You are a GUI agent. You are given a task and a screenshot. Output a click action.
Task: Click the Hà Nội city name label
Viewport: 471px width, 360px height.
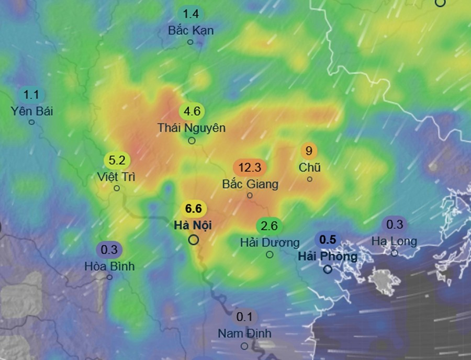pyautogui.click(x=194, y=224)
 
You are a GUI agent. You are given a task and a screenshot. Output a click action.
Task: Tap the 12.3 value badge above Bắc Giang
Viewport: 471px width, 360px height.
pyautogui.click(x=250, y=168)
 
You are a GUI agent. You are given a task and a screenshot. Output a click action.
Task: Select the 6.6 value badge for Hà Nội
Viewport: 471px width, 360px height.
pyautogui.click(x=194, y=209)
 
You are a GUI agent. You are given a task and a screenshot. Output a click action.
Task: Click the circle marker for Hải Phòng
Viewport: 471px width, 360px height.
pyautogui.click(x=328, y=269)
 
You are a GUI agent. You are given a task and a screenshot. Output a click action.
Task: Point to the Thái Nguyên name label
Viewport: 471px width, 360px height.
pyautogui.click(x=192, y=128)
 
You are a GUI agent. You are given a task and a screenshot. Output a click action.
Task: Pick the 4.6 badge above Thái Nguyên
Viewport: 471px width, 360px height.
pyautogui.click(x=192, y=111)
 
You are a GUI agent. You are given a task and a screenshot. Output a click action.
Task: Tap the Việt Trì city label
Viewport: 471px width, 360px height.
pyautogui.click(x=116, y=176)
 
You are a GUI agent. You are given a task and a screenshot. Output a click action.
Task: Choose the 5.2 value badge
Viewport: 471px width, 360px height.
pyautogui.click(x=117, y=160)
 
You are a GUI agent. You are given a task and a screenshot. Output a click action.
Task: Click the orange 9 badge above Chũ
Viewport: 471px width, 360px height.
pyautogui.click(x=309, y=151)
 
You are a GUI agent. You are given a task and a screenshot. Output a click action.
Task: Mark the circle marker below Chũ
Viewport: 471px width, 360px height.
pyautogui.click(x=309, y=179)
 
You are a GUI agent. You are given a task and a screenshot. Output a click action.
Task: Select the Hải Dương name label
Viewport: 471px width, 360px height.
pyautogui.click(x=270, y=243)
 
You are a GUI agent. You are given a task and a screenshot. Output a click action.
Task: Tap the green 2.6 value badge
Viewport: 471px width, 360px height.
pyautogui.click(x=269, y=227)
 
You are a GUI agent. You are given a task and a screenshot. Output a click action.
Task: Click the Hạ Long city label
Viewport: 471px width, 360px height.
pyautogui.click(x=395, y=241)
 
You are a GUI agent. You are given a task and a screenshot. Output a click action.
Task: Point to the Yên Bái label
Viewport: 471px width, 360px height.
pyautogui.click(x=32, y=111)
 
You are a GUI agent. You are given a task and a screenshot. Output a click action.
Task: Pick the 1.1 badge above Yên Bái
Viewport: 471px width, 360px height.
pyautogui.click(x=32, y=95)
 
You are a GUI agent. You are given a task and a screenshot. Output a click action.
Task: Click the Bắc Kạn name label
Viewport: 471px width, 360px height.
pyautogui.click(x=190, y=30)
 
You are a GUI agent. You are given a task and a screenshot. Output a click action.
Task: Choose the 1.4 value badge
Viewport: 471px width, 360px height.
pyautogui.click(x=190, y=14)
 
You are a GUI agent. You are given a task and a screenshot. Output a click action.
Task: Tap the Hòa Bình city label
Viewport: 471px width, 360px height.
pyautogui.click(x=109, y=266)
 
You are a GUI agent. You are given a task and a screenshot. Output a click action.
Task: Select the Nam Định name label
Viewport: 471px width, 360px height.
pyautogui.click(x=244, y=333)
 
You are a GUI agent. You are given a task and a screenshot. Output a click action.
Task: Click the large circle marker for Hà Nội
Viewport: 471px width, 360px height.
pyautogui.click(x=194, y=240)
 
